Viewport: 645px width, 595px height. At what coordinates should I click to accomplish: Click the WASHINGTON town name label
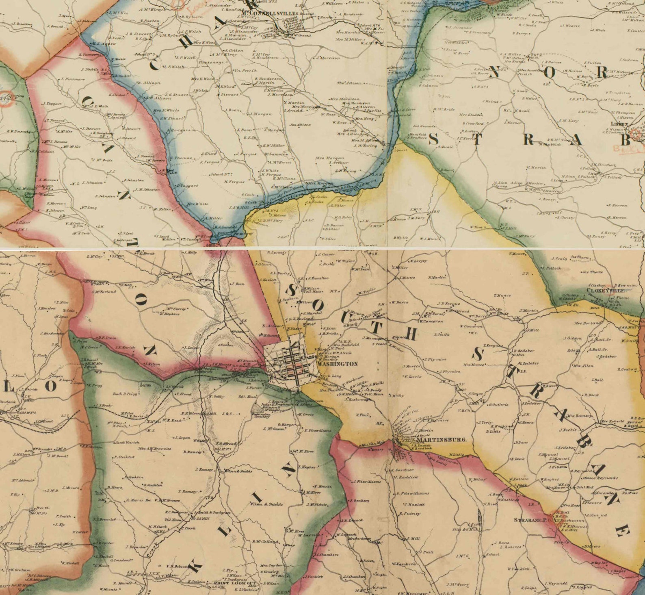pyautogui.click(x=338, y=364)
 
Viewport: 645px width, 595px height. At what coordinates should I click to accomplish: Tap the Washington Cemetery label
pyautogui.click(x=262, y=415)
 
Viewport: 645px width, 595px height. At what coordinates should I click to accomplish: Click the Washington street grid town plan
pyautogui.click(x=289, y=362)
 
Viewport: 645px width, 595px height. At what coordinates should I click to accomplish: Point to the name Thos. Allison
pyautogui.click(x=348, y=83)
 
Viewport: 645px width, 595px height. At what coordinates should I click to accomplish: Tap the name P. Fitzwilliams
pyautogui.click(x=318, y=430)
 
